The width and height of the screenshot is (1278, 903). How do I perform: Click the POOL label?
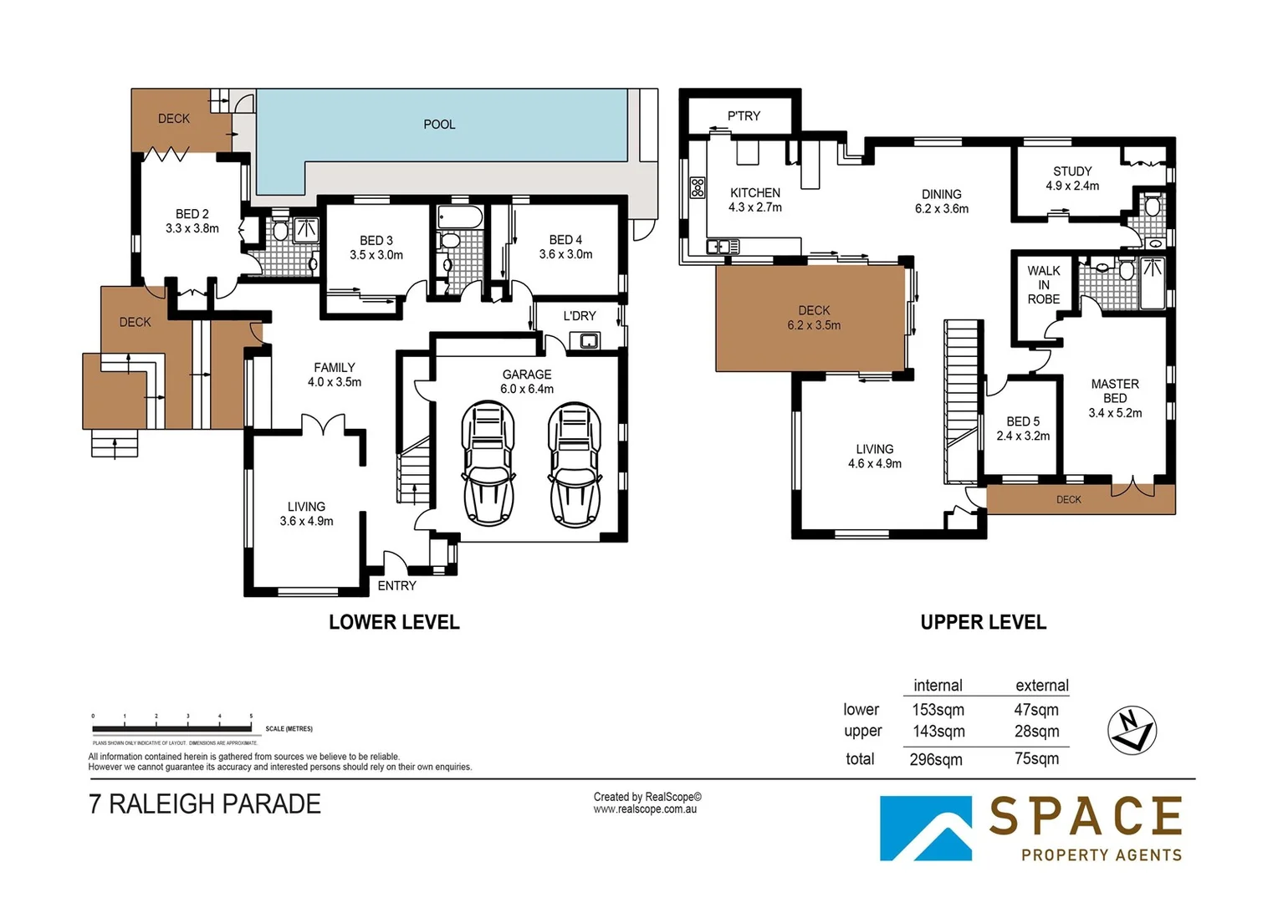coord(439,125)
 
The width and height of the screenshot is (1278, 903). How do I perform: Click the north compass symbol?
coord(1131,730)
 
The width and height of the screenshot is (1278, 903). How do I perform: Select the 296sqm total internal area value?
coord(936,759)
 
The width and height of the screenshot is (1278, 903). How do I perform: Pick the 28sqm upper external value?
coord(1036,731)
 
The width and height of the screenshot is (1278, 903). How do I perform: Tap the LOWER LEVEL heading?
coord(394,622)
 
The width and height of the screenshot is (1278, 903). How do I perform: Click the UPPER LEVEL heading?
coord(983,622)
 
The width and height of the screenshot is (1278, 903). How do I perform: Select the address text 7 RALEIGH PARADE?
coord(205,804)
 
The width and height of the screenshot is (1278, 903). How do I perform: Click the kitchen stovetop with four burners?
coord(697,187)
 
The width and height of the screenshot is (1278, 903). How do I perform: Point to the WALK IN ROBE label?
coord(1043,285)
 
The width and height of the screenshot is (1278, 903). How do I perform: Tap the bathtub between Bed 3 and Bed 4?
coord(460,218)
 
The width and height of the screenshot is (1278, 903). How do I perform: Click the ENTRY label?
coord(396,585)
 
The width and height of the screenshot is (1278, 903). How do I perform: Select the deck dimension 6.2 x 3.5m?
coord(814,325)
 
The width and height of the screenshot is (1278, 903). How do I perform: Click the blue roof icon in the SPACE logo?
coord(926,828)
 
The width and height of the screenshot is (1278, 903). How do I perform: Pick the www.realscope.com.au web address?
coord(645,809)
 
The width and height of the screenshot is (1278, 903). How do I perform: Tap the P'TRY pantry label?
coord(744,116)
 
